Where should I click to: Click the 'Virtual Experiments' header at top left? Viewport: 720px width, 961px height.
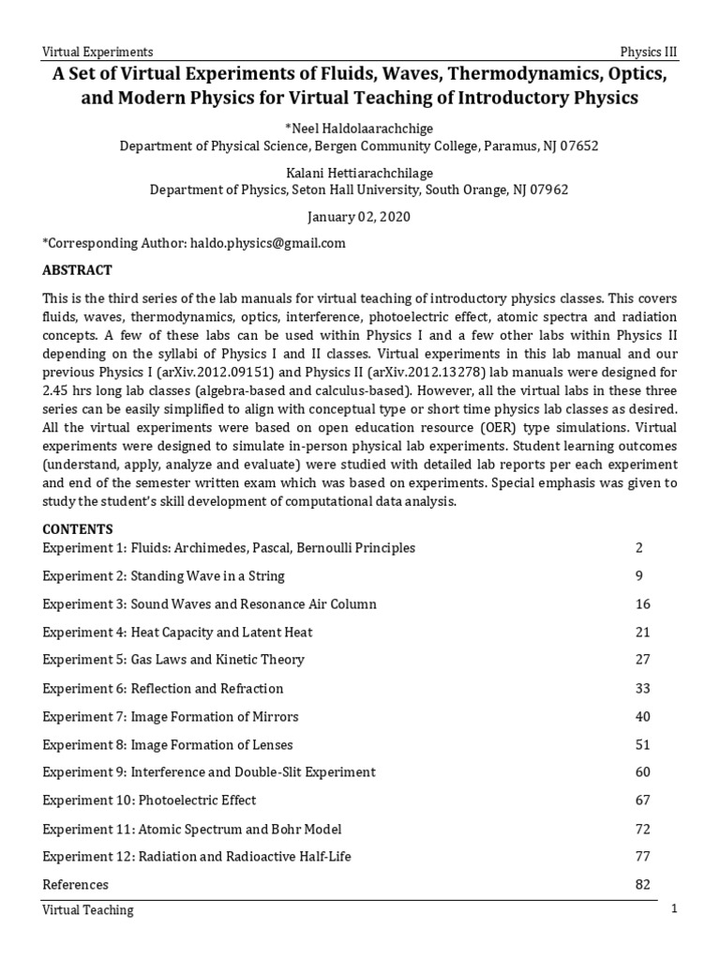pyautogui.click(x=98, y=52)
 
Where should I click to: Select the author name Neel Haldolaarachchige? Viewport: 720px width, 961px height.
pyautogui.click(x=359, y=128)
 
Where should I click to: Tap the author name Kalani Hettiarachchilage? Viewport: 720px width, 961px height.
pyautogui.click(x=359, y=172)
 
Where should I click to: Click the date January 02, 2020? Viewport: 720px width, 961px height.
pyautogui.click(x=359, y=216)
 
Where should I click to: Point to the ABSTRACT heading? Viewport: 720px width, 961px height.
pyautogui.click(x=78, y=270)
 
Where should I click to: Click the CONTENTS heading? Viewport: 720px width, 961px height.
pyautogui.click(x=78, y=528)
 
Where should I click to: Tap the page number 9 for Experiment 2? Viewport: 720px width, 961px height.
pyautogui.click(x=641, y=575)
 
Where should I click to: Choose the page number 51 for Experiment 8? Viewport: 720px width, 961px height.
pyautogui.click(x=642, y=744)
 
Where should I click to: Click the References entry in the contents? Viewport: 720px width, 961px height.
pyautogui.click(x=76, y=885)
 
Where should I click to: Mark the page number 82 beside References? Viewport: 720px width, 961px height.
pyautogui.click(x=642, y=885)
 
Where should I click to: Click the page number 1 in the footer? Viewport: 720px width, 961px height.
pyautogui.click(x=673, y=910)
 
